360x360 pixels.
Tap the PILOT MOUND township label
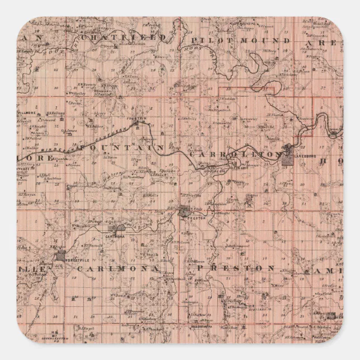click(240, 41)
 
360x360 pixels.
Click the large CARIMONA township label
click(117, 269)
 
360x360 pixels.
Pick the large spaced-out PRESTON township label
click(235, 268)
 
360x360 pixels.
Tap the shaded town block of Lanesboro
click(287, 157)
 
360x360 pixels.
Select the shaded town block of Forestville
click(61, 256)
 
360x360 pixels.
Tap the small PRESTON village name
click(188, 217)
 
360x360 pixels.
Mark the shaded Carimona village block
click(119, 228)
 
